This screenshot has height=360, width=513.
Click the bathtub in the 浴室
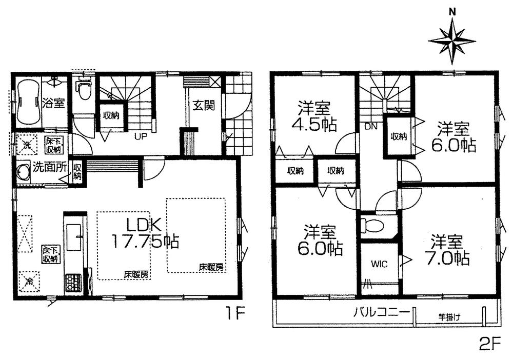click(x=28, y=103)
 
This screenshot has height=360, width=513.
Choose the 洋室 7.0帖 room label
click(x=446, y=250)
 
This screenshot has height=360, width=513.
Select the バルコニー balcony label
click(x=381, y=311)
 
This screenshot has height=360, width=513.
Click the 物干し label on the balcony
click(x=449, y=316)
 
